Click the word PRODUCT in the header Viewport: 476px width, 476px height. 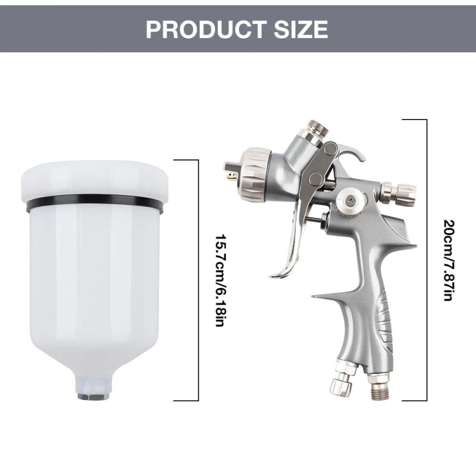point(206,29)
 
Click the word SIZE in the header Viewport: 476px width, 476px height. point(301,29)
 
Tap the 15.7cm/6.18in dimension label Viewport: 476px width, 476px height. point(220,280)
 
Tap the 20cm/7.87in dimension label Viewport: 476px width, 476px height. point(449,260)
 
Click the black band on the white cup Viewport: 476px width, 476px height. point(95,204)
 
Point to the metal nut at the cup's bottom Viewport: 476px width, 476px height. point(93,396)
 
